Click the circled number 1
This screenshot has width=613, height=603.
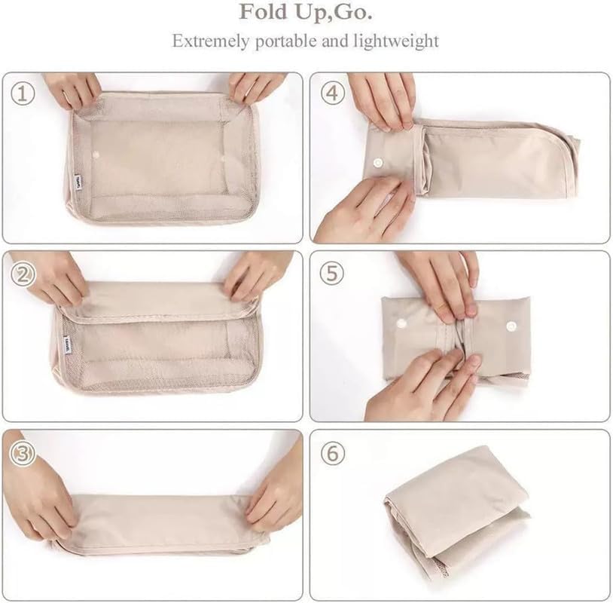[x=23, y=94]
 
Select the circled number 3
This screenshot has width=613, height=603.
[x=23, y=454]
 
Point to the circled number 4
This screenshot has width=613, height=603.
[x=332, y=93]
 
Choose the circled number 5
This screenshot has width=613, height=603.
[x=332, y=273]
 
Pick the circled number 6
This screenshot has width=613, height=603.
[x=333, y=454]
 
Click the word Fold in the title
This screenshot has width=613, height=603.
[x=263, y=12]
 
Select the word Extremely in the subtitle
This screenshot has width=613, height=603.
[x=210, y=41]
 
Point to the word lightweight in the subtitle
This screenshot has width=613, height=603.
[x=396, y=41]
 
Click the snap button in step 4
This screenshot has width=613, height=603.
[x=377, y=162]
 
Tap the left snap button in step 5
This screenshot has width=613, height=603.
[x=401, y=323]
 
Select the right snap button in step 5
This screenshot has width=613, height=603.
[x=511, y=326]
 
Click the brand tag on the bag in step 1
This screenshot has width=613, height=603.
[x=78, y=182]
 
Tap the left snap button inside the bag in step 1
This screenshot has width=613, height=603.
[x=96, y=156]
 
